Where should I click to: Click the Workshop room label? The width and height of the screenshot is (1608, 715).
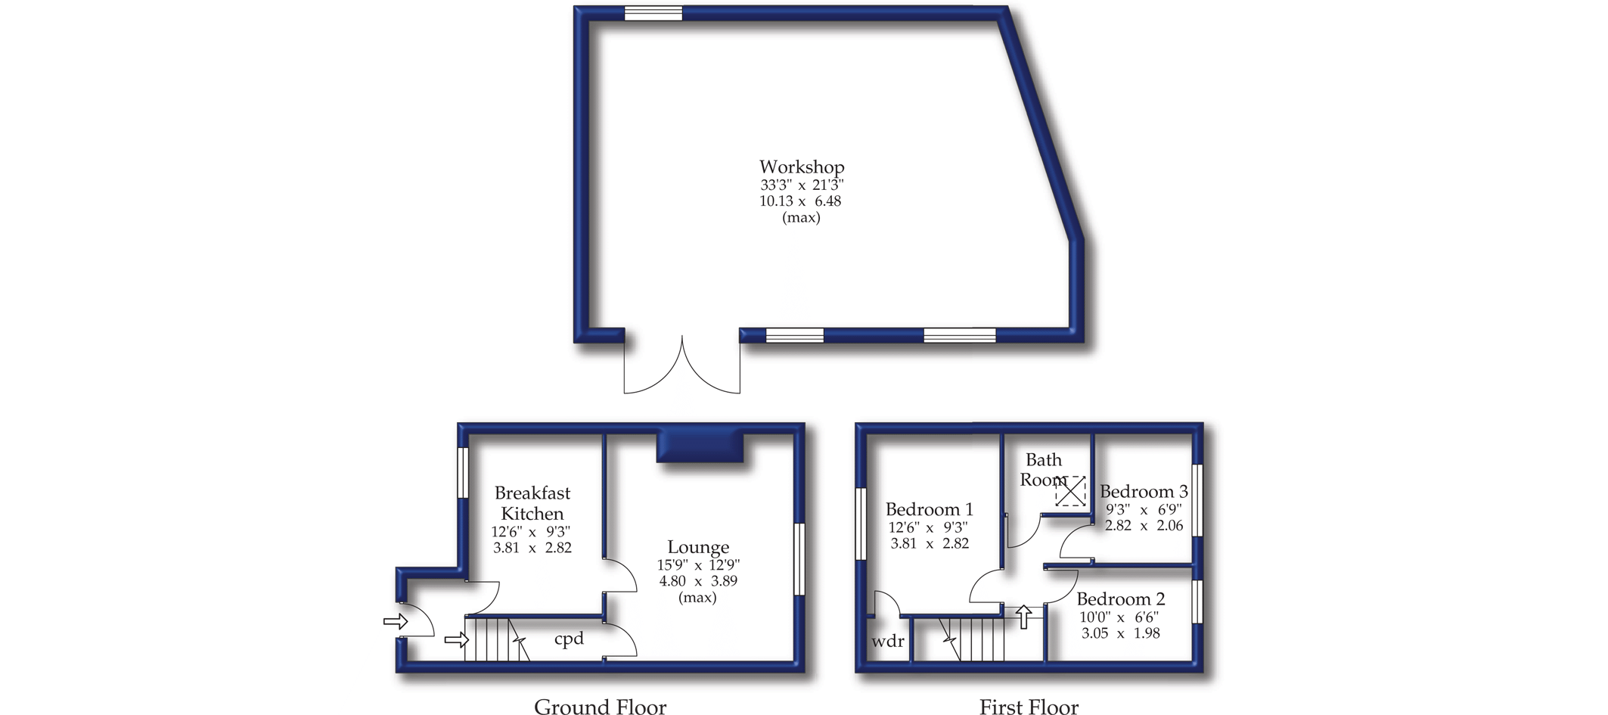tap(802, 168)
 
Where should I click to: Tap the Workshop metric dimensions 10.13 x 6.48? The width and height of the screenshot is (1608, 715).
tap(800, 201)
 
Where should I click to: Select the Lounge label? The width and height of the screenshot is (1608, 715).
tap(698, 548)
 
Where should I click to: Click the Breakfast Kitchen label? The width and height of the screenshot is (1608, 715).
tap(532, 503)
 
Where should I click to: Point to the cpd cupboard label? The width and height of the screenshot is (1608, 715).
tap(569, 639)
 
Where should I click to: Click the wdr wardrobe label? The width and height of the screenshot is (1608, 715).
tap(887, 642)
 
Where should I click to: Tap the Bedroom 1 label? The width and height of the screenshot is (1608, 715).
tap(929, 509)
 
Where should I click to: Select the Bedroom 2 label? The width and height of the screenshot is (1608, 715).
tap(1120, 599)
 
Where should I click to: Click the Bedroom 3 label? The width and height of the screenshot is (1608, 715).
tap(1144, 492)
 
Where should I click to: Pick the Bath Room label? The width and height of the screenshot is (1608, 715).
tap(1044, 470)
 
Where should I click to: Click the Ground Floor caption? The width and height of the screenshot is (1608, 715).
tap(600, 707)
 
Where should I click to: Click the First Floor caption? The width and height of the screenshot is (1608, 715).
tap(1029, 707)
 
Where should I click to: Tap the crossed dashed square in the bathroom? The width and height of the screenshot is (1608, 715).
tap(1070, 492)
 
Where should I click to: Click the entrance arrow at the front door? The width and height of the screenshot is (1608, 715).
tap(396, 622)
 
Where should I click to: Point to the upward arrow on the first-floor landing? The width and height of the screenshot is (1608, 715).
tap(1023, 617)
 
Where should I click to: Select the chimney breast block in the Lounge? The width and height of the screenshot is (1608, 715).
tap(700, 447)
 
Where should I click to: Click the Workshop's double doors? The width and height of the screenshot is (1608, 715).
tap(682, 365)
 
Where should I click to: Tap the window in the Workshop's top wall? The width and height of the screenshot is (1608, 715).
tap(653, 13)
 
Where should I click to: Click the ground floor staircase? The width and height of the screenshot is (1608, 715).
tap(496, 640)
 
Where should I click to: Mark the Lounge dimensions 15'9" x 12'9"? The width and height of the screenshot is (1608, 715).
tap(698, 565)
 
